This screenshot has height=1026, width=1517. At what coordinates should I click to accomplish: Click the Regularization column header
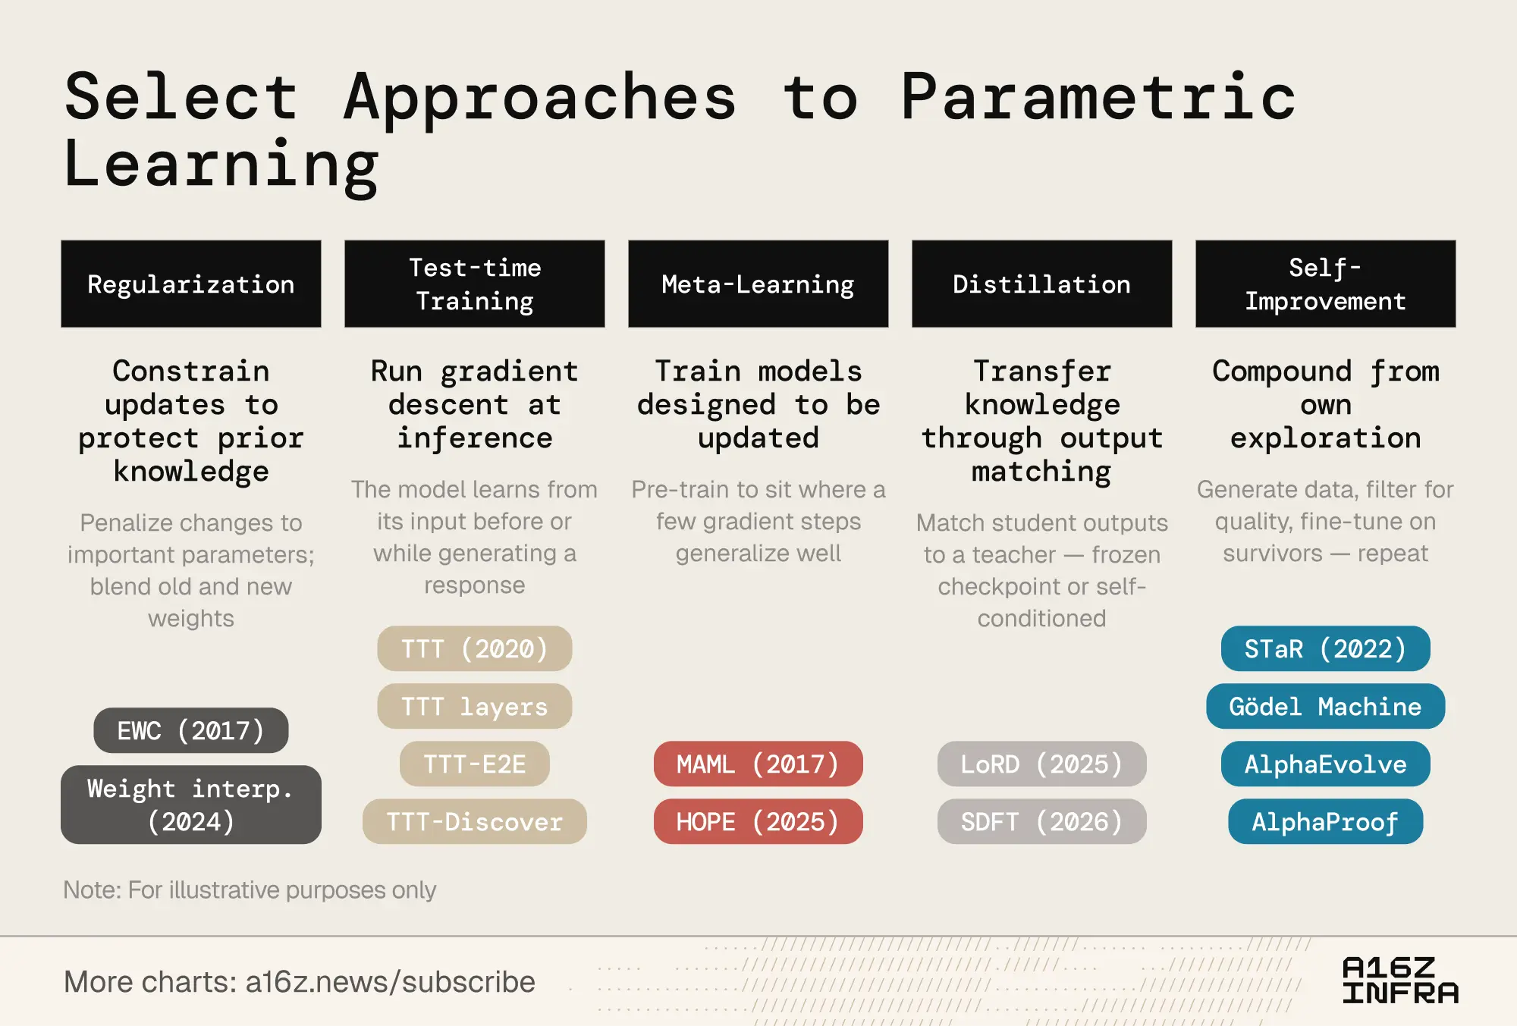click(x=191, y=284)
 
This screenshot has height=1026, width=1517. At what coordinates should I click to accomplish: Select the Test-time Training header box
click(x=475, y=284)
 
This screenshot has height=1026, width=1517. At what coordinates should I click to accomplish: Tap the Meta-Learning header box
click(x=758, y=284)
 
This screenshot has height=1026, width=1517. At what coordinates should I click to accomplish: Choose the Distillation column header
click(x=1042, y=284)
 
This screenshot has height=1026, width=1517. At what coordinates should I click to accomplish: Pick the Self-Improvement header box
click(x=1326, y=284)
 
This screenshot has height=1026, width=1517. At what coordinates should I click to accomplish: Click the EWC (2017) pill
click(x=191, y=730)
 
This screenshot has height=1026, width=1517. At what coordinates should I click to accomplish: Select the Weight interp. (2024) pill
click(x=191, y=805)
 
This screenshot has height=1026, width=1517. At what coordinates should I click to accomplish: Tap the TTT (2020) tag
click(x=475, y=648)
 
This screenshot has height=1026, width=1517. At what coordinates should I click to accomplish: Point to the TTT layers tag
click(x=475, y=706)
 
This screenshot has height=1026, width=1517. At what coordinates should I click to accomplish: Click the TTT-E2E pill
click(x=475, y=764)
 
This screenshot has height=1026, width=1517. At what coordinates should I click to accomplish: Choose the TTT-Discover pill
click(x=475, y=821)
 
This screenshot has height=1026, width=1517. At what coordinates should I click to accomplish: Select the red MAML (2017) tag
click(x=758, y=764)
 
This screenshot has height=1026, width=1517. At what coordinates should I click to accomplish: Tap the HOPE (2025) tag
click(x=758, y=821)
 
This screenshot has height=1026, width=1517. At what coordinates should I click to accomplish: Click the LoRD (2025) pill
click(x=1042, y=764)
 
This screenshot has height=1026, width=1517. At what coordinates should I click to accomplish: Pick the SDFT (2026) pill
click(x=1042, y=821)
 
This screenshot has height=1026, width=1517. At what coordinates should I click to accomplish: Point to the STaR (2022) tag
click(x=1326, y=648)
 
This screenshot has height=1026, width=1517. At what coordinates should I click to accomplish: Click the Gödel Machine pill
click(x=1326, y=706)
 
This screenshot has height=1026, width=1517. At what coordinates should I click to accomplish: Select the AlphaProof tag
click(x=1326, y=821)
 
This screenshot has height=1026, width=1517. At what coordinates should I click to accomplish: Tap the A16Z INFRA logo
click(x=1400, y=980)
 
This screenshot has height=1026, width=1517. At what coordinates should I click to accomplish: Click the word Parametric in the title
click(x=1099, y=96)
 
